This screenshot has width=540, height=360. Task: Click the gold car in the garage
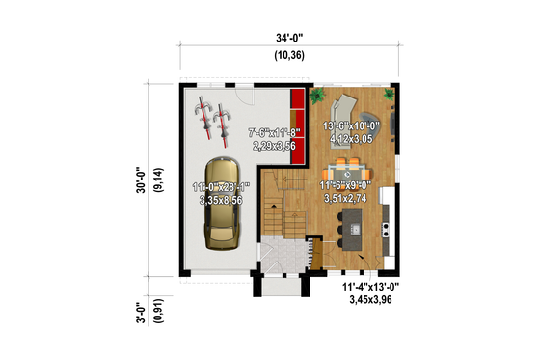click(x=221, y=204)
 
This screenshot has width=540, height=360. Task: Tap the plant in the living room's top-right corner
click(x=389, y=94)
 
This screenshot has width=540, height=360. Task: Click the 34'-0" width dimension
click(x=288, y=39)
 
